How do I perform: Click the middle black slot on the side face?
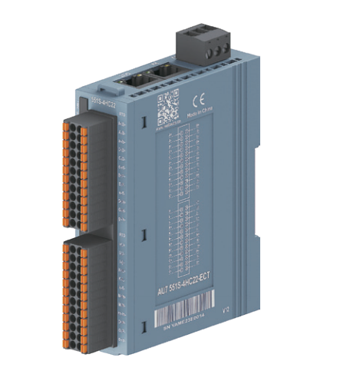(x=144, y=232)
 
